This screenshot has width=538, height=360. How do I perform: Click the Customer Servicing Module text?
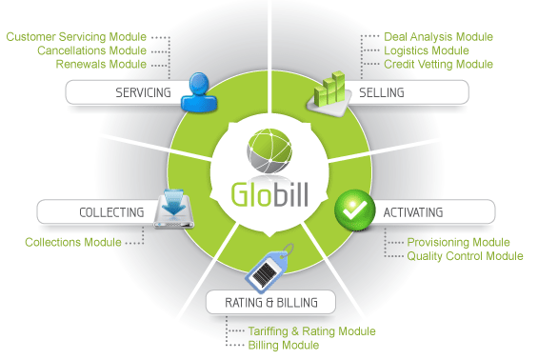[76, 37]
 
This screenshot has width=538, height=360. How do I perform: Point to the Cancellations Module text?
[92, 50]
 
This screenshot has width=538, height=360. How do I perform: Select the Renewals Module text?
[101, 64]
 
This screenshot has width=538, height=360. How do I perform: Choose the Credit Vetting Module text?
[439, 64]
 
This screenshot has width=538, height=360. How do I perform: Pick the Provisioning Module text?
[459, 242]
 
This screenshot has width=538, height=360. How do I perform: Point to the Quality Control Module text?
[466, 255]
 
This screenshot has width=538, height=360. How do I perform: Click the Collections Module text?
[73, 242]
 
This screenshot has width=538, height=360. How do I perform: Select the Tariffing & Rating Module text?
[311, 330]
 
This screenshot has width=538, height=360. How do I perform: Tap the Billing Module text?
[283, 345]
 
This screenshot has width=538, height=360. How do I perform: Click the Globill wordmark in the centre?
[269, 190]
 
